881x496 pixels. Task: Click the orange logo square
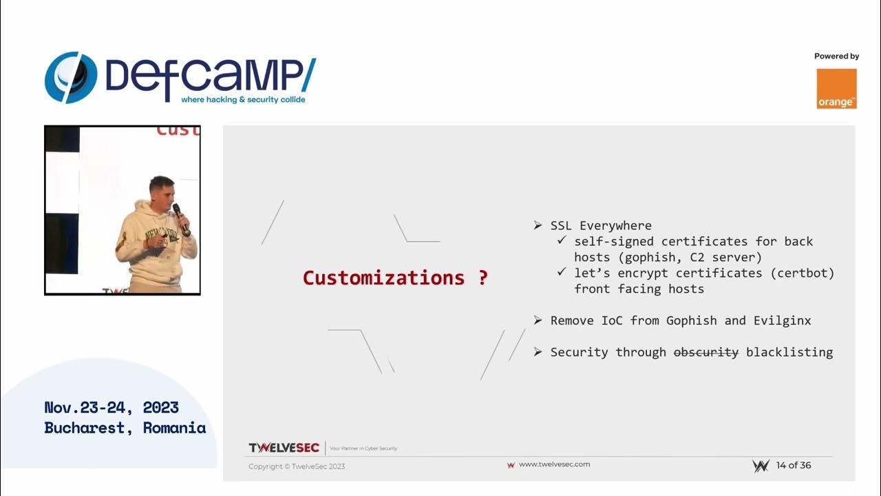[x=836, y=88]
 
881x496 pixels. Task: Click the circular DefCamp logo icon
[x=71, y=77]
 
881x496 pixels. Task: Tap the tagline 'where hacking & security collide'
[x=243, y=100]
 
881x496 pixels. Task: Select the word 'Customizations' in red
[x=383, y=278]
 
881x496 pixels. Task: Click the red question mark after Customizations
[x=482, y=278]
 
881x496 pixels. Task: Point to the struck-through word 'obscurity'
[x=705, y=352]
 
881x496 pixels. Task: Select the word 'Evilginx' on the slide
[x=782, y=320]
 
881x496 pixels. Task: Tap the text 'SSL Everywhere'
[x=601, y=225]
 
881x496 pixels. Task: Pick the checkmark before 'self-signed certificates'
[x=562, y=241]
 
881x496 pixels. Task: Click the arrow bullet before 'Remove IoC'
[x=538, y=320]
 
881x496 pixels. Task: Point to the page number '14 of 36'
[x=794, y=465]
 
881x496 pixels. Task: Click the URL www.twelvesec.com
[x=554, y=464]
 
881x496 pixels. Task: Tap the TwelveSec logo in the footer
[x=284, y=448]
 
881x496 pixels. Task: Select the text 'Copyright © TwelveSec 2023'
[x=297, y=466]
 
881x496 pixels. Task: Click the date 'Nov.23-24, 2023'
[x=112, y=407]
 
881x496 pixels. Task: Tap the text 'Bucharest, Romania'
[x=125, y=428]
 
